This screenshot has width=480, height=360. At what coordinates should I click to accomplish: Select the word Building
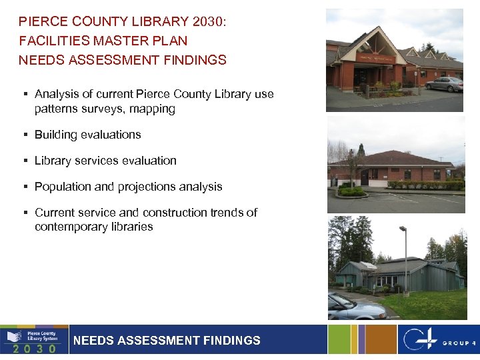click(56, 135)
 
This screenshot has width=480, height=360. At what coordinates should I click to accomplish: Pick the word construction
click(176, 213)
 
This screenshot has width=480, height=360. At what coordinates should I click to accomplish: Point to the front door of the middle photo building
click(364, 178)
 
